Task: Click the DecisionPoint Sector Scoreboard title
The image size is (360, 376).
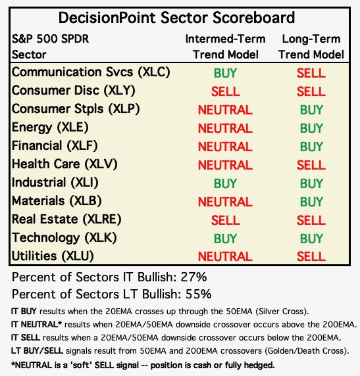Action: [176, 18]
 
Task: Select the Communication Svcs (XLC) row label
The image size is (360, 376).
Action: [91, 72]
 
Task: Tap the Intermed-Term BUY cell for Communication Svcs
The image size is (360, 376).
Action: [225, 73]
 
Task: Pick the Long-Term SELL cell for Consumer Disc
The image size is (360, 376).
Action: [311, 91]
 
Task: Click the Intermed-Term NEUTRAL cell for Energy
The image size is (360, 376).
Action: [225, 128]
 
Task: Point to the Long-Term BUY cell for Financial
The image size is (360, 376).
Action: [311, 147]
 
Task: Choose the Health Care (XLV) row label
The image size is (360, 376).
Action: [64, 164]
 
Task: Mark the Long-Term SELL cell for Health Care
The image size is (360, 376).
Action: [311, 165]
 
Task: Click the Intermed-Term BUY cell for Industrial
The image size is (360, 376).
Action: [225, 183]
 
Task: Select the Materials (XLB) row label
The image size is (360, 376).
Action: [57, 201]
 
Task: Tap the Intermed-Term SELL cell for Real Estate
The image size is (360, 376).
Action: [226, 220]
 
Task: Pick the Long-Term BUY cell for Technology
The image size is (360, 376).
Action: [311, 239]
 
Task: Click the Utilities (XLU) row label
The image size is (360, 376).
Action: [53, 256]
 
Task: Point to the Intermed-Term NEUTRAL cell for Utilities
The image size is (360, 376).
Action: [225, 256]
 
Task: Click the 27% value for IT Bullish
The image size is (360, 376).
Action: [193, 277]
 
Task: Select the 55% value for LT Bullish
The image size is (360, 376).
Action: [198, 294]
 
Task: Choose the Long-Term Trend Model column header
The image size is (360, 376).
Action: [311, 47]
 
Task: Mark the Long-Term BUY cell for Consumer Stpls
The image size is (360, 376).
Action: [311, 110]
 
